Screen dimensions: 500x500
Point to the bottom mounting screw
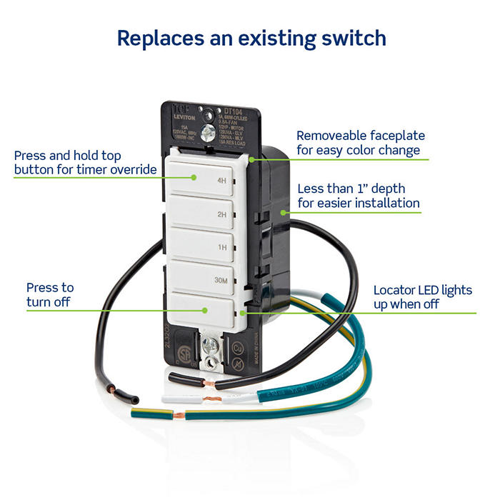pyautogui.click(x=209, y=345)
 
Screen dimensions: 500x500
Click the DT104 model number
pyautogui.click(x=232, y=111)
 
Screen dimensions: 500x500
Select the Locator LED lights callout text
pyautogui.click(x=423, y=297)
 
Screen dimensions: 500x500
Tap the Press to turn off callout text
pyautogui.click(x=49, y=294)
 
